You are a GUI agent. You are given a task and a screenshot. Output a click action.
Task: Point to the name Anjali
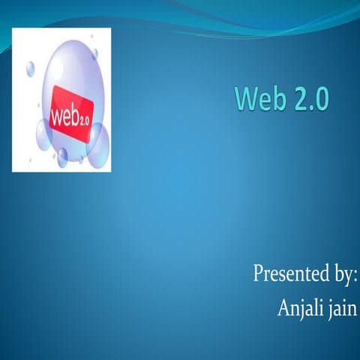pos(298,307)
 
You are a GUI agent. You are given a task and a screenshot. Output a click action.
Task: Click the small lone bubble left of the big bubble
pos(31,69)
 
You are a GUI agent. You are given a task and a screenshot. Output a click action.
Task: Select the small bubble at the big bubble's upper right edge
pos(94,55)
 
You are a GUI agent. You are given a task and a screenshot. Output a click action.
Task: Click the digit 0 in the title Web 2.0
pos(320,99)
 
